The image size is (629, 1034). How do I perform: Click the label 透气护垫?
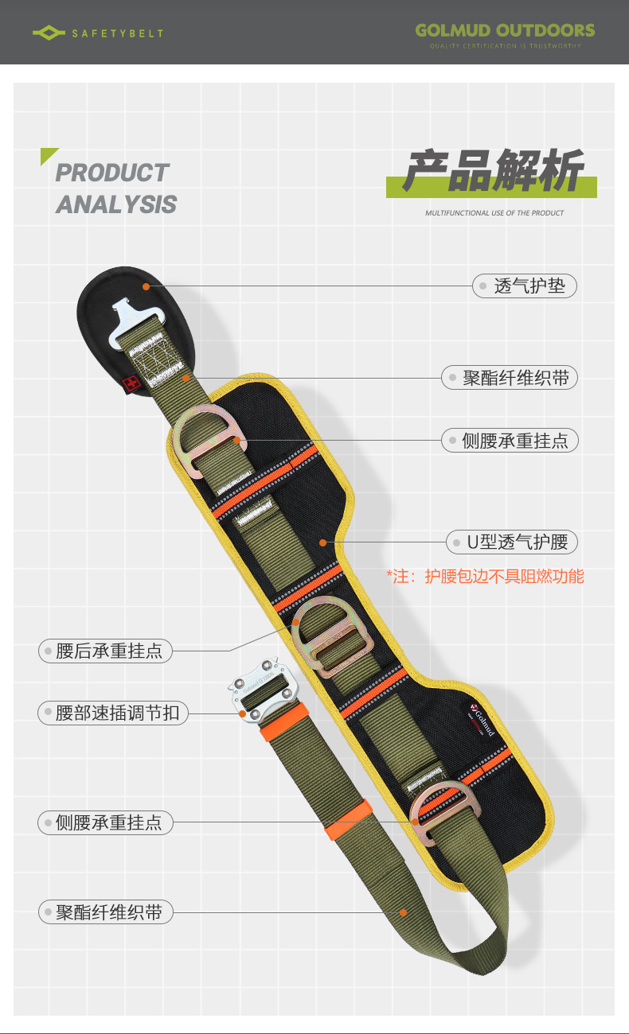point(529,286)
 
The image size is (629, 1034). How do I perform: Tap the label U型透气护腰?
point(517,542)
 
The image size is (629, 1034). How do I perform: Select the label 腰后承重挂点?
point(109,651)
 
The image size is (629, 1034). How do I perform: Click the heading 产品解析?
point(491,171)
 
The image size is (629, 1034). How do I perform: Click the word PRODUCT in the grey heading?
point(112,173)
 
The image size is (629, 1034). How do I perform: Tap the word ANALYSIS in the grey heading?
point(116,204)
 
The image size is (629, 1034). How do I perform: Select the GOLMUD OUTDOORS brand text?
point(505,30)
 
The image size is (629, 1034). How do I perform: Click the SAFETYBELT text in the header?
point(117,33)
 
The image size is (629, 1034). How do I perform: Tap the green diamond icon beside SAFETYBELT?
point(49,33)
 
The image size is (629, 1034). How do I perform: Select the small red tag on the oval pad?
point(132,384)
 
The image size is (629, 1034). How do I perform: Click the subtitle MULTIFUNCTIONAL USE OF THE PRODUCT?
point(494,213)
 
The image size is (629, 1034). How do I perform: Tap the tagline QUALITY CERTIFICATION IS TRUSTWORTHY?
point(505,46)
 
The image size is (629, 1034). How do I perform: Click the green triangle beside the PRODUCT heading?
point(48,155)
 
